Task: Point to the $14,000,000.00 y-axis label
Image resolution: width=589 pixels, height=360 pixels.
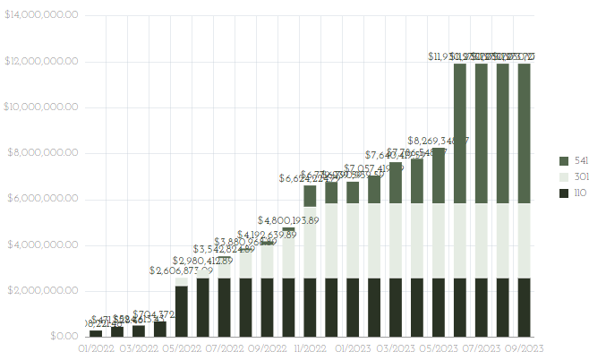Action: point(41,15)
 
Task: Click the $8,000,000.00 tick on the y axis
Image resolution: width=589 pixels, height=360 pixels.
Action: point(41,153)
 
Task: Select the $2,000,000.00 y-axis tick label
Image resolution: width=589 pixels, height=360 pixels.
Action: point(41,291)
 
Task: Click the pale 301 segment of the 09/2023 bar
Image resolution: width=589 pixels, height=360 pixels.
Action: point(524,240)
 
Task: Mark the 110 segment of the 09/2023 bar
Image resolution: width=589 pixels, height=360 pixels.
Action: point(524,307)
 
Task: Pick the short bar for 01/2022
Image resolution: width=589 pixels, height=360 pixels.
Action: point(96,333)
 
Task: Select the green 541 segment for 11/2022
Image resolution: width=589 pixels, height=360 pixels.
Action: point(310,196)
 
